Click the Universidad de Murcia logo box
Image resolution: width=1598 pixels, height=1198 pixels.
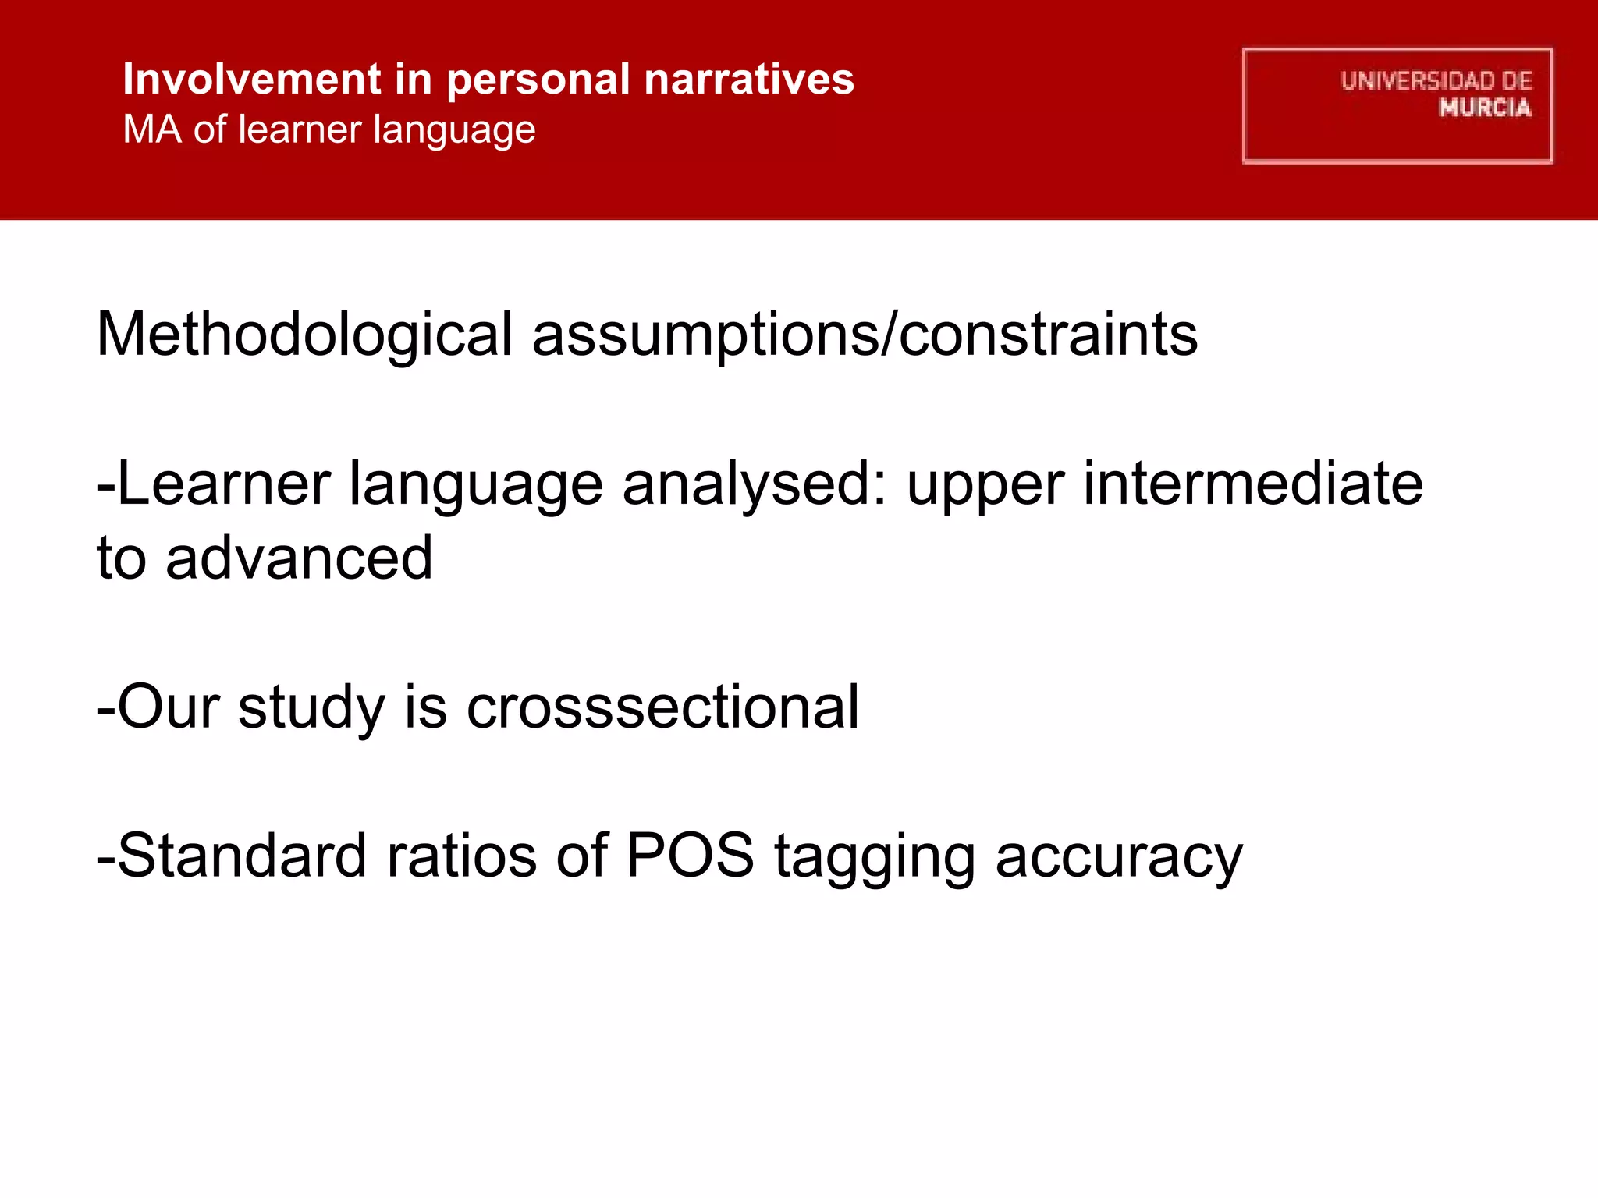[x=1397, y=105]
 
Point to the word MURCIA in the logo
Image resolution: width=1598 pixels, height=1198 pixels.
[x=1485, y=108]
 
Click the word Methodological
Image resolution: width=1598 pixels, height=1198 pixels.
[x=304, y=335]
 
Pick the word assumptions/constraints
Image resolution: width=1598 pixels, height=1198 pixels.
[x=865, y=335]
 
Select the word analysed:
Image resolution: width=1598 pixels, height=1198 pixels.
[x=755, y=484]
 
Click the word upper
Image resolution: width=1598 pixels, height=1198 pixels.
[x=985, y=484]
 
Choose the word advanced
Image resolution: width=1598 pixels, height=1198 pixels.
[x=299, y=558]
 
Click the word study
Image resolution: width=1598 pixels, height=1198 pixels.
[x=311, y=707]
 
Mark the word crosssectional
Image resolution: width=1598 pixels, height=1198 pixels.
[x=662, y=707]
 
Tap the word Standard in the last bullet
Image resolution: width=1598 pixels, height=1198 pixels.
[x=241, y=856]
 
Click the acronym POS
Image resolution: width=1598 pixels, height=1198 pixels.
[x=691, y=856]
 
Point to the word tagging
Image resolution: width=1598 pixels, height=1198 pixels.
[x=875, y=856]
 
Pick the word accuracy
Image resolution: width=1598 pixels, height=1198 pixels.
[x=1119, y=856]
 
